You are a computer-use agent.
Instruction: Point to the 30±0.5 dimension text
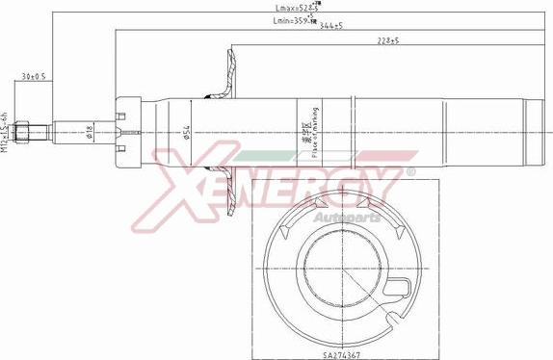[35, 76]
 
